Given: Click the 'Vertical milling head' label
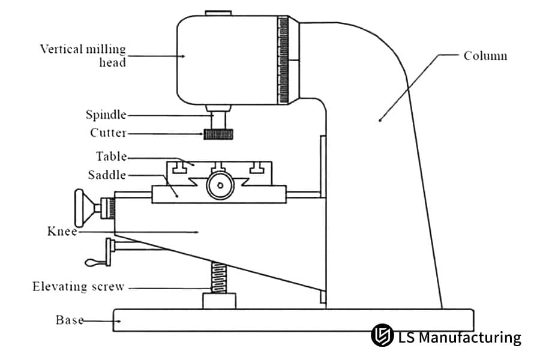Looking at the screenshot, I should [x=83, y=55].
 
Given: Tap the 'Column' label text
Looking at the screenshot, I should [x=485, y=56].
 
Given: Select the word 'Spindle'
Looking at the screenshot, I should [x=106, y=115].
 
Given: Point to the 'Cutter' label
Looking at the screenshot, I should [x=108, y=133].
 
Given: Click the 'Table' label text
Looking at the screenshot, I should [x=111, y=157].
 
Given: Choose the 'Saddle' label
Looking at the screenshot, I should [x=107, y=175].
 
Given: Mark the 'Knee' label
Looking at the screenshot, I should [x=62, y=231].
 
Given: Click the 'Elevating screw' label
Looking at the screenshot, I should [x=78, y=287].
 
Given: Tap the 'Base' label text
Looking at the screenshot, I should [x=69, y=320].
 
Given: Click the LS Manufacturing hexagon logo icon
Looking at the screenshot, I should [x=382, y=336].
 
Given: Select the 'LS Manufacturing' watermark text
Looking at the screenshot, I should [x=460, y=337].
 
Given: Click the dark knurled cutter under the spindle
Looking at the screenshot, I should [x=218, y=134].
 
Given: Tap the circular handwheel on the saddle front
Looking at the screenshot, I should [x=218, y=186].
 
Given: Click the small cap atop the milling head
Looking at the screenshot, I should [x=217, y=13].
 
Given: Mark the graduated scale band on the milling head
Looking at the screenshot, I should [x=283, y=60].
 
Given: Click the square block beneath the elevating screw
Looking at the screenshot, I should [x=219, y=301].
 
